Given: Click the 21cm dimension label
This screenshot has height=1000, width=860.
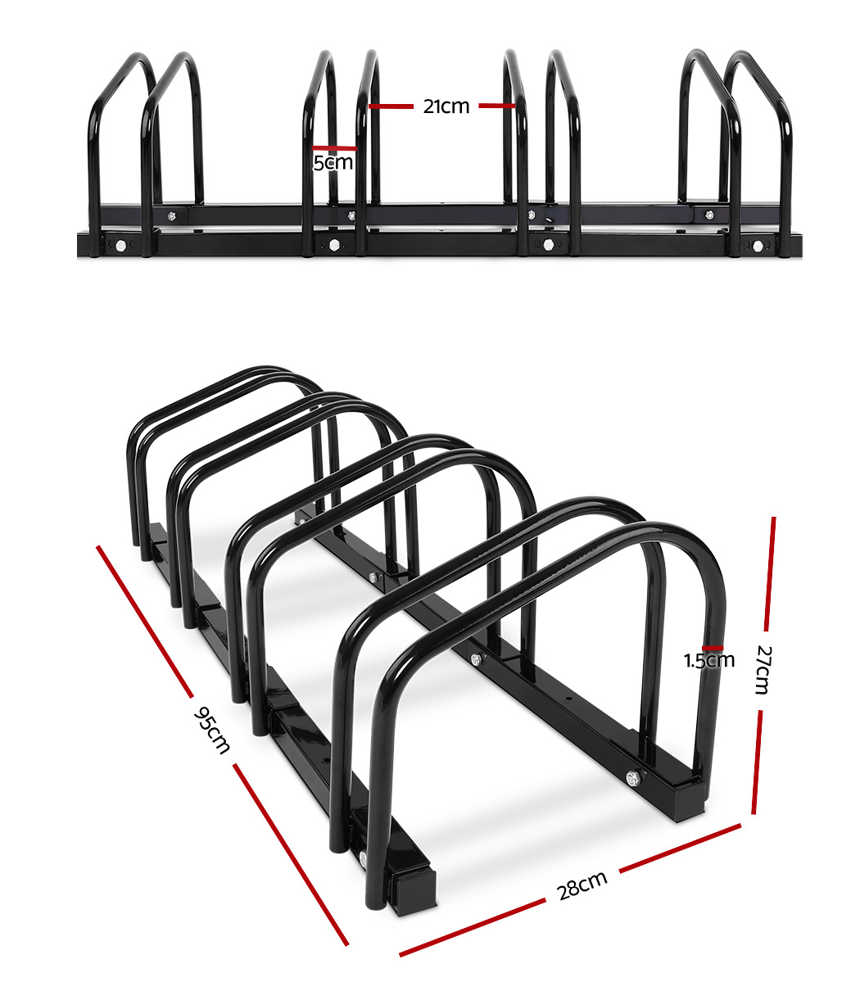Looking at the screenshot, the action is (x=446, y=106).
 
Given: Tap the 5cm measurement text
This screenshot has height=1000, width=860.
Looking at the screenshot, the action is (x=333, y=162).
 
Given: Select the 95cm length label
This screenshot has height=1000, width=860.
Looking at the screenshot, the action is (x=211, y=731).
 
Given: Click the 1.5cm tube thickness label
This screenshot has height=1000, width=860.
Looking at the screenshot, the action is (x=709, y=660).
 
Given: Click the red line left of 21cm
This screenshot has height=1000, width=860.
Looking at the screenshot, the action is (x=391, y=106).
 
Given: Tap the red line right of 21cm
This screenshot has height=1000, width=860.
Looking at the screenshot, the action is (x=497, y=106).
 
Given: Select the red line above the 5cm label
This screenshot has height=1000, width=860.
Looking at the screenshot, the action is (x=334, y=148).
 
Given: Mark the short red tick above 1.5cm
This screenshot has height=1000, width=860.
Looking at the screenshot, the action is (x=713, y=648).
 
